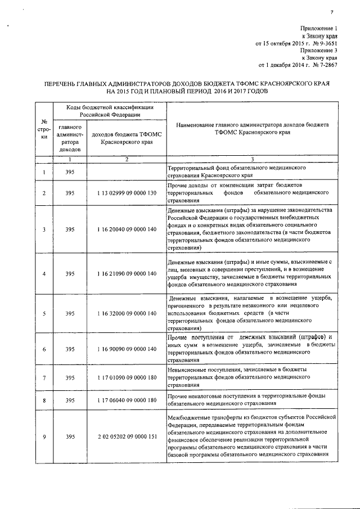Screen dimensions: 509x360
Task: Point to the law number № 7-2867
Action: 323,64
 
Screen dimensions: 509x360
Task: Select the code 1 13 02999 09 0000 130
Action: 126,193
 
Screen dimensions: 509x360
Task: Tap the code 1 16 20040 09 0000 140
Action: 126,229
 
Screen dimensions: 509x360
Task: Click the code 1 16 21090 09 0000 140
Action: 126,274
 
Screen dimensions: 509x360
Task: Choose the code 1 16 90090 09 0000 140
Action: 126,349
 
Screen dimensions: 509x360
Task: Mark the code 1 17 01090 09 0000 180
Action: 126,377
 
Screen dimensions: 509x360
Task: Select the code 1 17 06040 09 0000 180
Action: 126,401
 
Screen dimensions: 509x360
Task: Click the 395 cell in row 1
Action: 70,172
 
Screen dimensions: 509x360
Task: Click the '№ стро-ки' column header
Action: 44,129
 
